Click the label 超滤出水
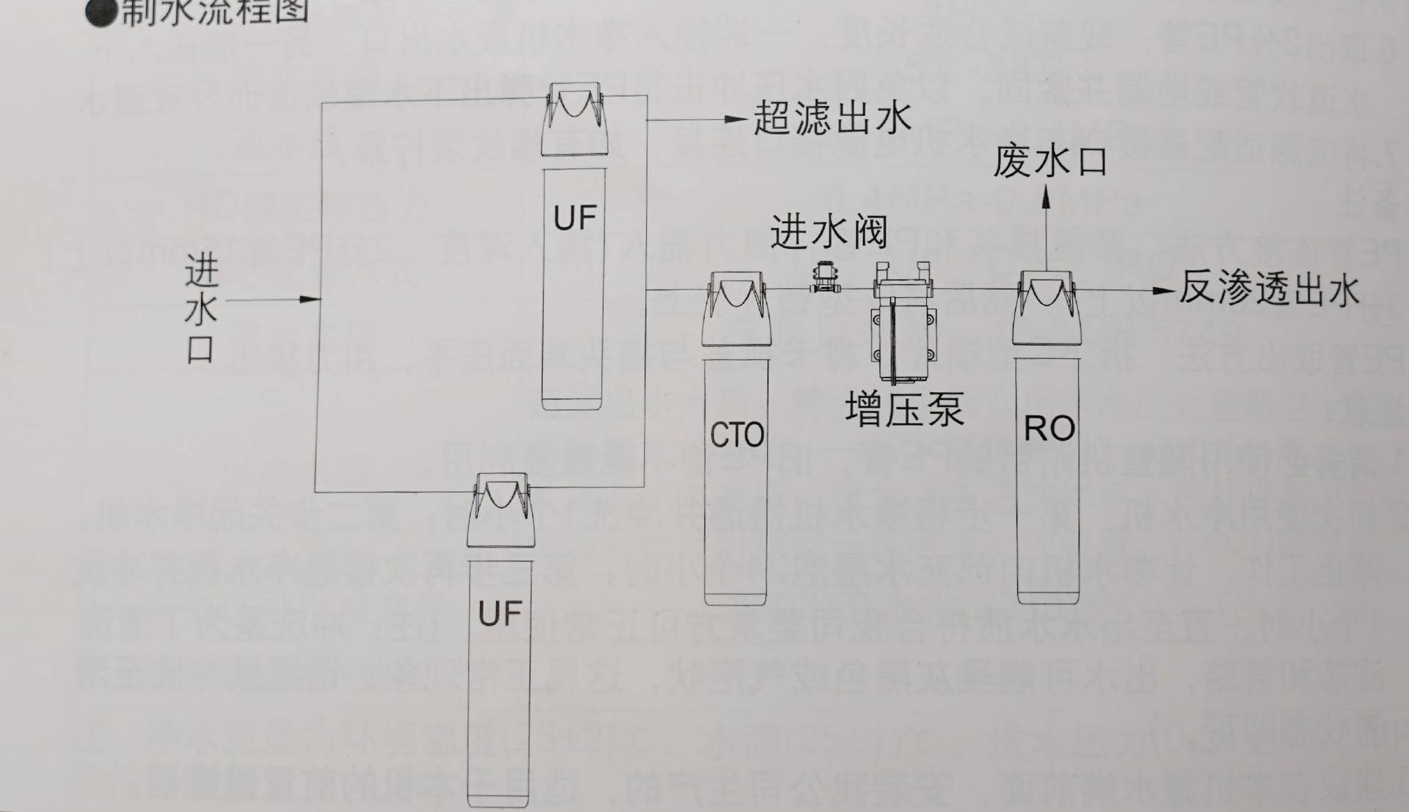[832, 118]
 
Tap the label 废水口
[1049, 162]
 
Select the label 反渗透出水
[1268, 289]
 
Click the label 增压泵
[904, 410]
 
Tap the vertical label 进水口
[200, 308]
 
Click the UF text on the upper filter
[575, 218]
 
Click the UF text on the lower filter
[500, 613]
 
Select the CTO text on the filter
[736, 435]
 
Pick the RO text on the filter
[1049, 429]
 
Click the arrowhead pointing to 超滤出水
[736, 119]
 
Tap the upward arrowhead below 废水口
[1046, 197]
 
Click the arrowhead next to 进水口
[310, 299]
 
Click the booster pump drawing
[903, 323]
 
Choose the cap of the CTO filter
[735, 310]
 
